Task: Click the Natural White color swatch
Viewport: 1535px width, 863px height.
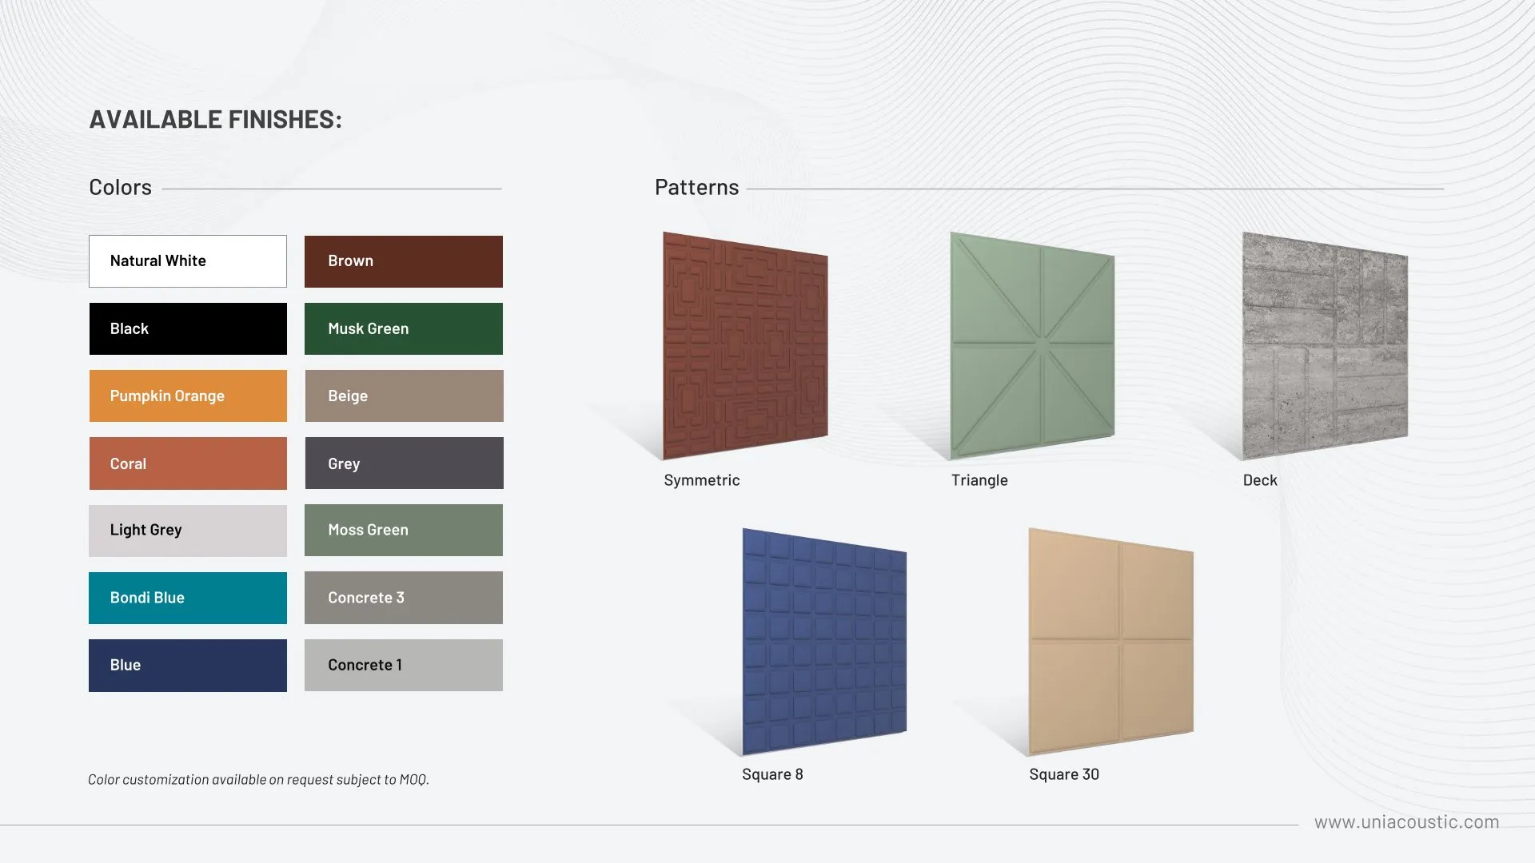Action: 188,261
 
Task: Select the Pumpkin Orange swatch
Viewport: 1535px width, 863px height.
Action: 188,396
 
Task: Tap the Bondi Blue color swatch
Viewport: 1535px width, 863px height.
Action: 188,598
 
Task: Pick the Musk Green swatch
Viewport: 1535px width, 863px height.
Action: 404,328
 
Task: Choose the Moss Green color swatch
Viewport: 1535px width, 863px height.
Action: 404,530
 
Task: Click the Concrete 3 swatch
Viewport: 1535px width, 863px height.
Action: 404,598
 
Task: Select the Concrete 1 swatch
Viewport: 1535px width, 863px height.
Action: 404,665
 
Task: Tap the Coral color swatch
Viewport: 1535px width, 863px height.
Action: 188,463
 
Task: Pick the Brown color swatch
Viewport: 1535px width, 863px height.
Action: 404,261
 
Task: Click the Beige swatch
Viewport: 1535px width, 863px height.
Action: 404,396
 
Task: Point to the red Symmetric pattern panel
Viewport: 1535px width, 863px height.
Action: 745,346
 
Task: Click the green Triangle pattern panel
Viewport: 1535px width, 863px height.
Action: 1032,346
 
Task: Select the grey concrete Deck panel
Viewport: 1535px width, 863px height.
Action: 1325,346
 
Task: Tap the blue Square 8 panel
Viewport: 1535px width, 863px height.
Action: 824,642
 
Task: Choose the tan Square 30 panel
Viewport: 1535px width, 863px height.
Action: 1110,642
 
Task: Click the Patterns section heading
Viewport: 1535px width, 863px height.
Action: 696,187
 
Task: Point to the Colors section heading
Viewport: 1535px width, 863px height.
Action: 120,187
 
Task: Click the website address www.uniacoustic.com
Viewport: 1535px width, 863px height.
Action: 1407,822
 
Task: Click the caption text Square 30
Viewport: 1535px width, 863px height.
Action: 1064,774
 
